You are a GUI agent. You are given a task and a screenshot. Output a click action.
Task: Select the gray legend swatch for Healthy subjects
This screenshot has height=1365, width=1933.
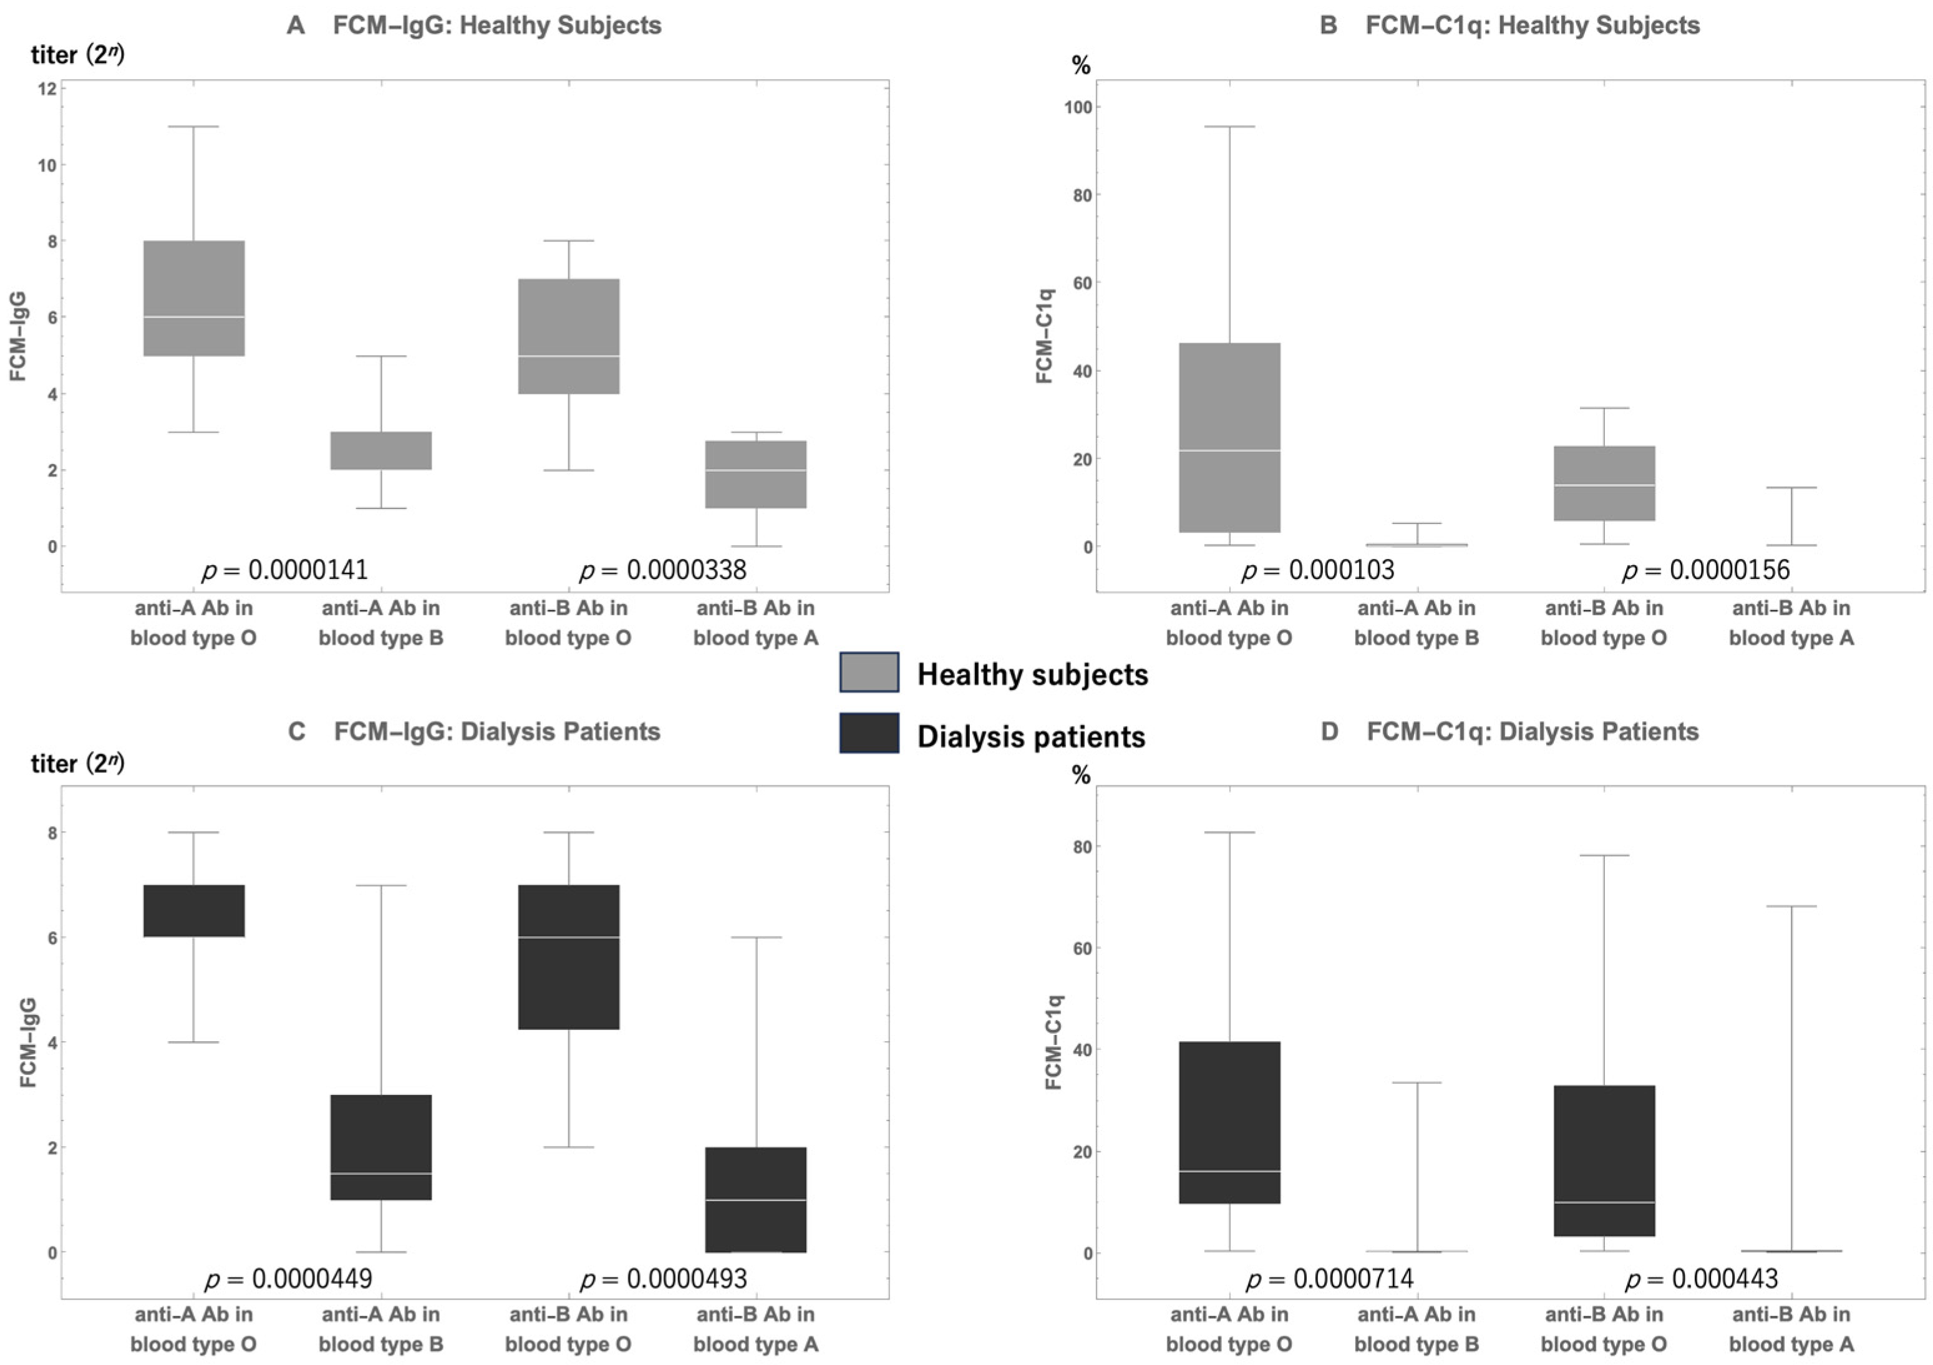[868, 673]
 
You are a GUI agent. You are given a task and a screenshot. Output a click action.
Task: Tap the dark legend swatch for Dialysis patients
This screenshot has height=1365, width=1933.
[868, 732]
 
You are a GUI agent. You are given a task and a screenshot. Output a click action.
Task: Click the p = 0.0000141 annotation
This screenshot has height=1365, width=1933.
[284, 570]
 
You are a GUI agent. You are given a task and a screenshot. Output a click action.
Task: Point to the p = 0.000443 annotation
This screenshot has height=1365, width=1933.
[1700, 1279]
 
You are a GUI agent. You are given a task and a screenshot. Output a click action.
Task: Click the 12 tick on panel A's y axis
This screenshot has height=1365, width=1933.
[47, 89]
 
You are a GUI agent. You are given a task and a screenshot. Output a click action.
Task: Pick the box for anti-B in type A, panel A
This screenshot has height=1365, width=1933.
[755, 474]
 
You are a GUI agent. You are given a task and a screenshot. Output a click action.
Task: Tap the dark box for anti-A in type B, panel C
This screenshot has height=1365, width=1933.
[380, 1147]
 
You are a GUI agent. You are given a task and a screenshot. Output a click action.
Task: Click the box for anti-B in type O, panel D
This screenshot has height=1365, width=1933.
[1604, 1160]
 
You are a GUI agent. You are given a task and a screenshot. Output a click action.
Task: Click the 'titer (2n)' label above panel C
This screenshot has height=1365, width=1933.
[77, 763]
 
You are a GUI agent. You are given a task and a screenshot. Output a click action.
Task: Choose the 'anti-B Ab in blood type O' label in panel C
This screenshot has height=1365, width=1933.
[568, 1329]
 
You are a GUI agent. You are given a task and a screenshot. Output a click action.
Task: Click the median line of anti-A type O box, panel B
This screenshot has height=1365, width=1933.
[1229, 450]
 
